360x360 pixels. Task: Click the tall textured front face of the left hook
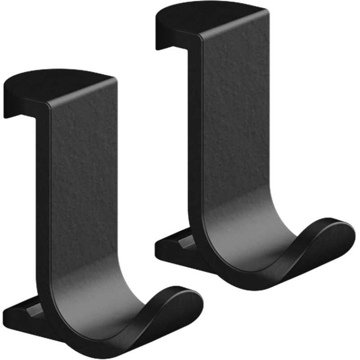(83, 189)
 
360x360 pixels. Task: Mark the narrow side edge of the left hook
(43, 202)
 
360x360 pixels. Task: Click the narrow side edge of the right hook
(194, 135)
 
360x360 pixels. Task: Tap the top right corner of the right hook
(268, 11)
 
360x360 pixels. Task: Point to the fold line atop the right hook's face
(234, 23)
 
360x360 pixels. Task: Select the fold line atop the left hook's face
(81, 92)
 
